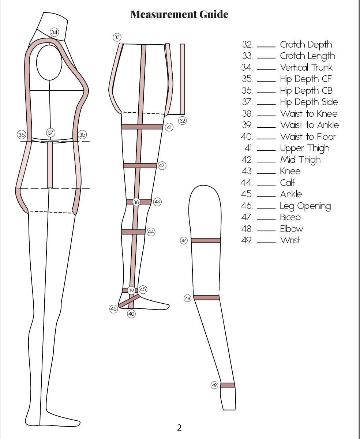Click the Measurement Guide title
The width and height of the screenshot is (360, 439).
(x=179, y=14)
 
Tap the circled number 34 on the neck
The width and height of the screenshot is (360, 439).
(x=54, y=32)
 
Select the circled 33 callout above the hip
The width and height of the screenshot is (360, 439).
(x=117, y=37)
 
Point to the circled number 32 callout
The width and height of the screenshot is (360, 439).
(x=183, y=120)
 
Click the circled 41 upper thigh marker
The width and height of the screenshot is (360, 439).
(x=169, y=127)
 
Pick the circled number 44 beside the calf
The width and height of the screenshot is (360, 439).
(x=151, y=232)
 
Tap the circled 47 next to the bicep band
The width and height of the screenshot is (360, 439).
(x=184, y=241)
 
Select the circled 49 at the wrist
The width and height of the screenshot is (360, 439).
(x=215, y=385)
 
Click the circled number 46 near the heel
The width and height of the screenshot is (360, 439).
(x=113, y=309)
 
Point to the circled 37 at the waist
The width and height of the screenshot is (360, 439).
(x=50, y=132)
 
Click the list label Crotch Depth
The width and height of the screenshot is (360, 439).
(x=306, y=45)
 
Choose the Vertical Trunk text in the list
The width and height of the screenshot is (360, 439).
(x=306, y=68)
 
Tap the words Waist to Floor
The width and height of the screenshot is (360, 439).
(x=308, y=137)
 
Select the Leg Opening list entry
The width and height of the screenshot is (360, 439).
(x=305, y=206)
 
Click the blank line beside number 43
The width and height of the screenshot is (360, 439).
(x=266, y=173)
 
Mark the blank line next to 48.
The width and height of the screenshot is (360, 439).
(x=266, y=231)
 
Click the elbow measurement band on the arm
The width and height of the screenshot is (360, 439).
(x=206, y=298)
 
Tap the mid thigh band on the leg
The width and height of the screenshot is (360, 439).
(x=140, y=166)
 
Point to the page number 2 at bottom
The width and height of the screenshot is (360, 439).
(x=179, y=427)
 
